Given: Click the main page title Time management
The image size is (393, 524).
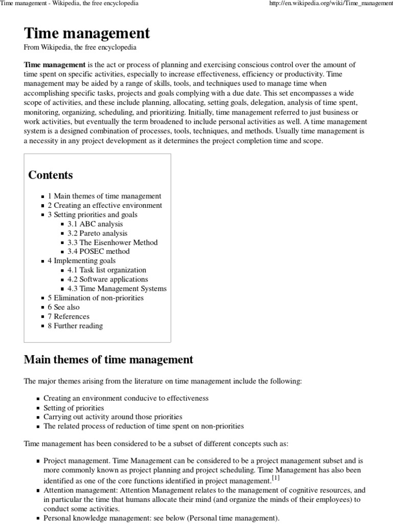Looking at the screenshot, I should tap(87, 33).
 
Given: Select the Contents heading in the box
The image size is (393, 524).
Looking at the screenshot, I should tap(51, 175).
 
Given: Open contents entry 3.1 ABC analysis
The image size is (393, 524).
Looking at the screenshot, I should tap(95, 224).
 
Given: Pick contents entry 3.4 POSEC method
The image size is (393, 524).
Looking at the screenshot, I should tap(98, 251).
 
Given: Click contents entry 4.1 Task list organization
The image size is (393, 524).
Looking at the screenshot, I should tap(106, 270).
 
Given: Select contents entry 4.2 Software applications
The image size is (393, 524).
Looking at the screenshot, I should tap(107, 279).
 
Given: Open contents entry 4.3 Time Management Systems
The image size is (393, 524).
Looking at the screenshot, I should tap(117, 289).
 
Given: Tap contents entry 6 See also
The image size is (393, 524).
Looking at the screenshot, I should tap(64, 307).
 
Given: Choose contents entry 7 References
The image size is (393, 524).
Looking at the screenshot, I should tap(68, 316).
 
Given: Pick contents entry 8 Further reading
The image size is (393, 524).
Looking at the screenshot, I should tap(75, 325).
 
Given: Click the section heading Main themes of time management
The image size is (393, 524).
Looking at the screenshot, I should tap(108, 360).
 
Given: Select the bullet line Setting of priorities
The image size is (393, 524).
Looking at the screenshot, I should tap(74, 408).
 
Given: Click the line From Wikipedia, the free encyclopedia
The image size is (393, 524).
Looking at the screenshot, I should tap(80, 47).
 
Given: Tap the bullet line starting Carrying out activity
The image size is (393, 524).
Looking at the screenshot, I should tap(113, 417).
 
